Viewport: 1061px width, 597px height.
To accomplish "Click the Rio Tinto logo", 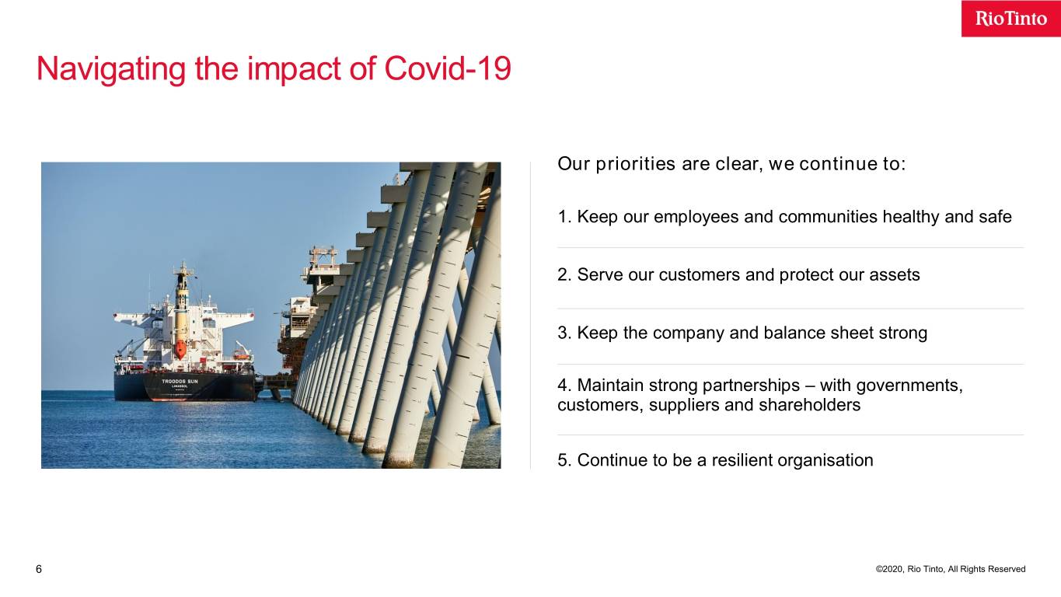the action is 1010,19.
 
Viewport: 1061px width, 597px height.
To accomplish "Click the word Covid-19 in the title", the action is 448,68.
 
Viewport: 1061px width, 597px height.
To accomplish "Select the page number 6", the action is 39,569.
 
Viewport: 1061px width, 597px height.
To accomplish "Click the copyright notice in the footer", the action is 951,569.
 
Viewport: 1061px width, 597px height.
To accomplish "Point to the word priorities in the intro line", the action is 635,164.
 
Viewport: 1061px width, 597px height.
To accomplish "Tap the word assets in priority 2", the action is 894,275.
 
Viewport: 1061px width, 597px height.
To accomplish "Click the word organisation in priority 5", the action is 825,460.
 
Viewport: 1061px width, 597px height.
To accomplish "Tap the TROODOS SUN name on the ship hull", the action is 180,382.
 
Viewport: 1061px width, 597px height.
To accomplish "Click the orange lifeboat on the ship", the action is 180,349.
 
